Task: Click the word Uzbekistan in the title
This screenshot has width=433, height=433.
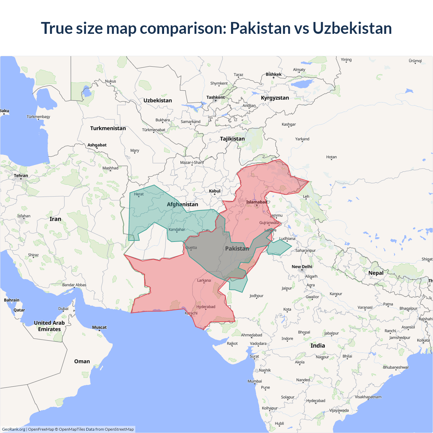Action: click(x=352, y=28)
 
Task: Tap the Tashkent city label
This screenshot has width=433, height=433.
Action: click(x=215, y=97)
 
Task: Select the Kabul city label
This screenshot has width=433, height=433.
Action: click(x=214, y=191)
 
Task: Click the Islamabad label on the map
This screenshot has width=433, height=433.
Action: click(x=256, y=202)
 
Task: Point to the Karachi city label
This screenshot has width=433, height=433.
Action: click(x=191, y=313)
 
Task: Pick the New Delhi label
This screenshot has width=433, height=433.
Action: click(x=302, y=267)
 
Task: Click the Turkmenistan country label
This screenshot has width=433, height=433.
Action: click(x=108, y=128)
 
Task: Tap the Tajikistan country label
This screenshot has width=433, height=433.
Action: click(x=232, y=139)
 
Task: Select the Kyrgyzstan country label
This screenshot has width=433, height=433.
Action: click(x=275, y=98)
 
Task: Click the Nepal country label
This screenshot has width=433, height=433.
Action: click(x=376, y=273)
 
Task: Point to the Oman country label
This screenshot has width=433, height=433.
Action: click(x=82, y=361)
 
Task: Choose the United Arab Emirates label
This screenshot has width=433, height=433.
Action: click(x=49, y=326)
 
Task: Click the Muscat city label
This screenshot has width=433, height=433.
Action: click(x=99, y=327)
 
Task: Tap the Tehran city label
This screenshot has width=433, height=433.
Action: click(x=21, y=176)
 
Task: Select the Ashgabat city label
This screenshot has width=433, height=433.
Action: click(x=97, y=145)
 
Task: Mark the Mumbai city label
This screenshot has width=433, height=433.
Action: click(x=255, y=381)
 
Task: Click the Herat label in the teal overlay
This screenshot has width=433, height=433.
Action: click(x=139, y=194)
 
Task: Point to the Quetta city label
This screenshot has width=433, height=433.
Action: click(x=191, y=248)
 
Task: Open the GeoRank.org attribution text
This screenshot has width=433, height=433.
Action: click(x=14, y=429)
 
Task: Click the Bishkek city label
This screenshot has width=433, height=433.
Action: click(x=273, y=74)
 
